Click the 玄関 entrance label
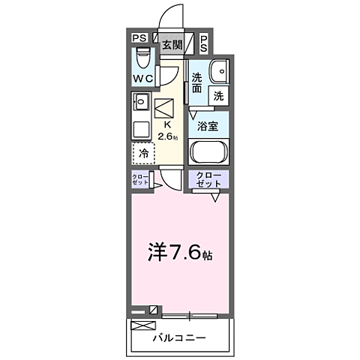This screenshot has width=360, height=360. point(172,45)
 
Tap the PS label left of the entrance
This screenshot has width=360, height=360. point(139,38)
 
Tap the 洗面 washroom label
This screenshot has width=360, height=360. point(196,82)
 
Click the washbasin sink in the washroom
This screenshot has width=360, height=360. point(218,70)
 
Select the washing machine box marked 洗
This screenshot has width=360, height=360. point(217,95)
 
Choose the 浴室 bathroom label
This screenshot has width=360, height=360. point(208,127)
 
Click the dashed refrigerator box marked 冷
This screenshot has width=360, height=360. point(142,153)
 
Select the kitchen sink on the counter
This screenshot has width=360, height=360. point(141,102)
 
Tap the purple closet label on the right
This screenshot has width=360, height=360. point(209,180)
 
